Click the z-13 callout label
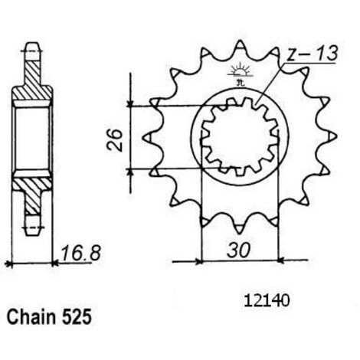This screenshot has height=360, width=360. [312, 54]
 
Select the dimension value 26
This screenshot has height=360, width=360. [115, 140]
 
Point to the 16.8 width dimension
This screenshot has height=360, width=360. [80, 254]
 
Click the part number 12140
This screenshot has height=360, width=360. [267, 301]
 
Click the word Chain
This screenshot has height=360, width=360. [31, 317]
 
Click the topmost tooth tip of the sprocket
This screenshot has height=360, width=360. [240, 41]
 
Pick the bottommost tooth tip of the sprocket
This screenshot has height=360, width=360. [240, 233]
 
